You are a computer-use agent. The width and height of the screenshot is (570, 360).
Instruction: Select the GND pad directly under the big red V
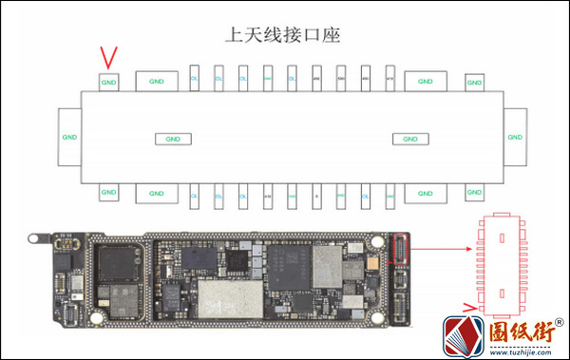coord(110,82)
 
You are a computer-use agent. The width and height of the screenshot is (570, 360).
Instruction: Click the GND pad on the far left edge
coord(69,137)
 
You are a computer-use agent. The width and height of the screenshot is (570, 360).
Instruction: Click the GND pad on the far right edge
coord(515,137)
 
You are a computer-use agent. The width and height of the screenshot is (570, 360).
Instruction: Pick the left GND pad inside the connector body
coord(172,139)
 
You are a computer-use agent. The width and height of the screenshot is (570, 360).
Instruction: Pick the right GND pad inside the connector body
coord(410,139)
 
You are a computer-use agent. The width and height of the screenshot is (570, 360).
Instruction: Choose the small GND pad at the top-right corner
coord(474,83)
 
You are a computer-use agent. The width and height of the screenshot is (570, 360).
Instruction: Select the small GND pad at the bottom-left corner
coord(110,193)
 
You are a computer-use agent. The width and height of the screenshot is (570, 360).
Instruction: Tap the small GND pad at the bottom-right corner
coord(474,193)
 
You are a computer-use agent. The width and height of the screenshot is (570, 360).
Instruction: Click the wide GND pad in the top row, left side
coord(157,82)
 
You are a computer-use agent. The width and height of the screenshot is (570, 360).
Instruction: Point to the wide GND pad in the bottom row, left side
coord(157,195)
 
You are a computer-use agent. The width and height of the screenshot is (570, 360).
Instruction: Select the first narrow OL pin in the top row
coord(194,80)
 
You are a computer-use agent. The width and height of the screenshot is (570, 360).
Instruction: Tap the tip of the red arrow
coord(472,251)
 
